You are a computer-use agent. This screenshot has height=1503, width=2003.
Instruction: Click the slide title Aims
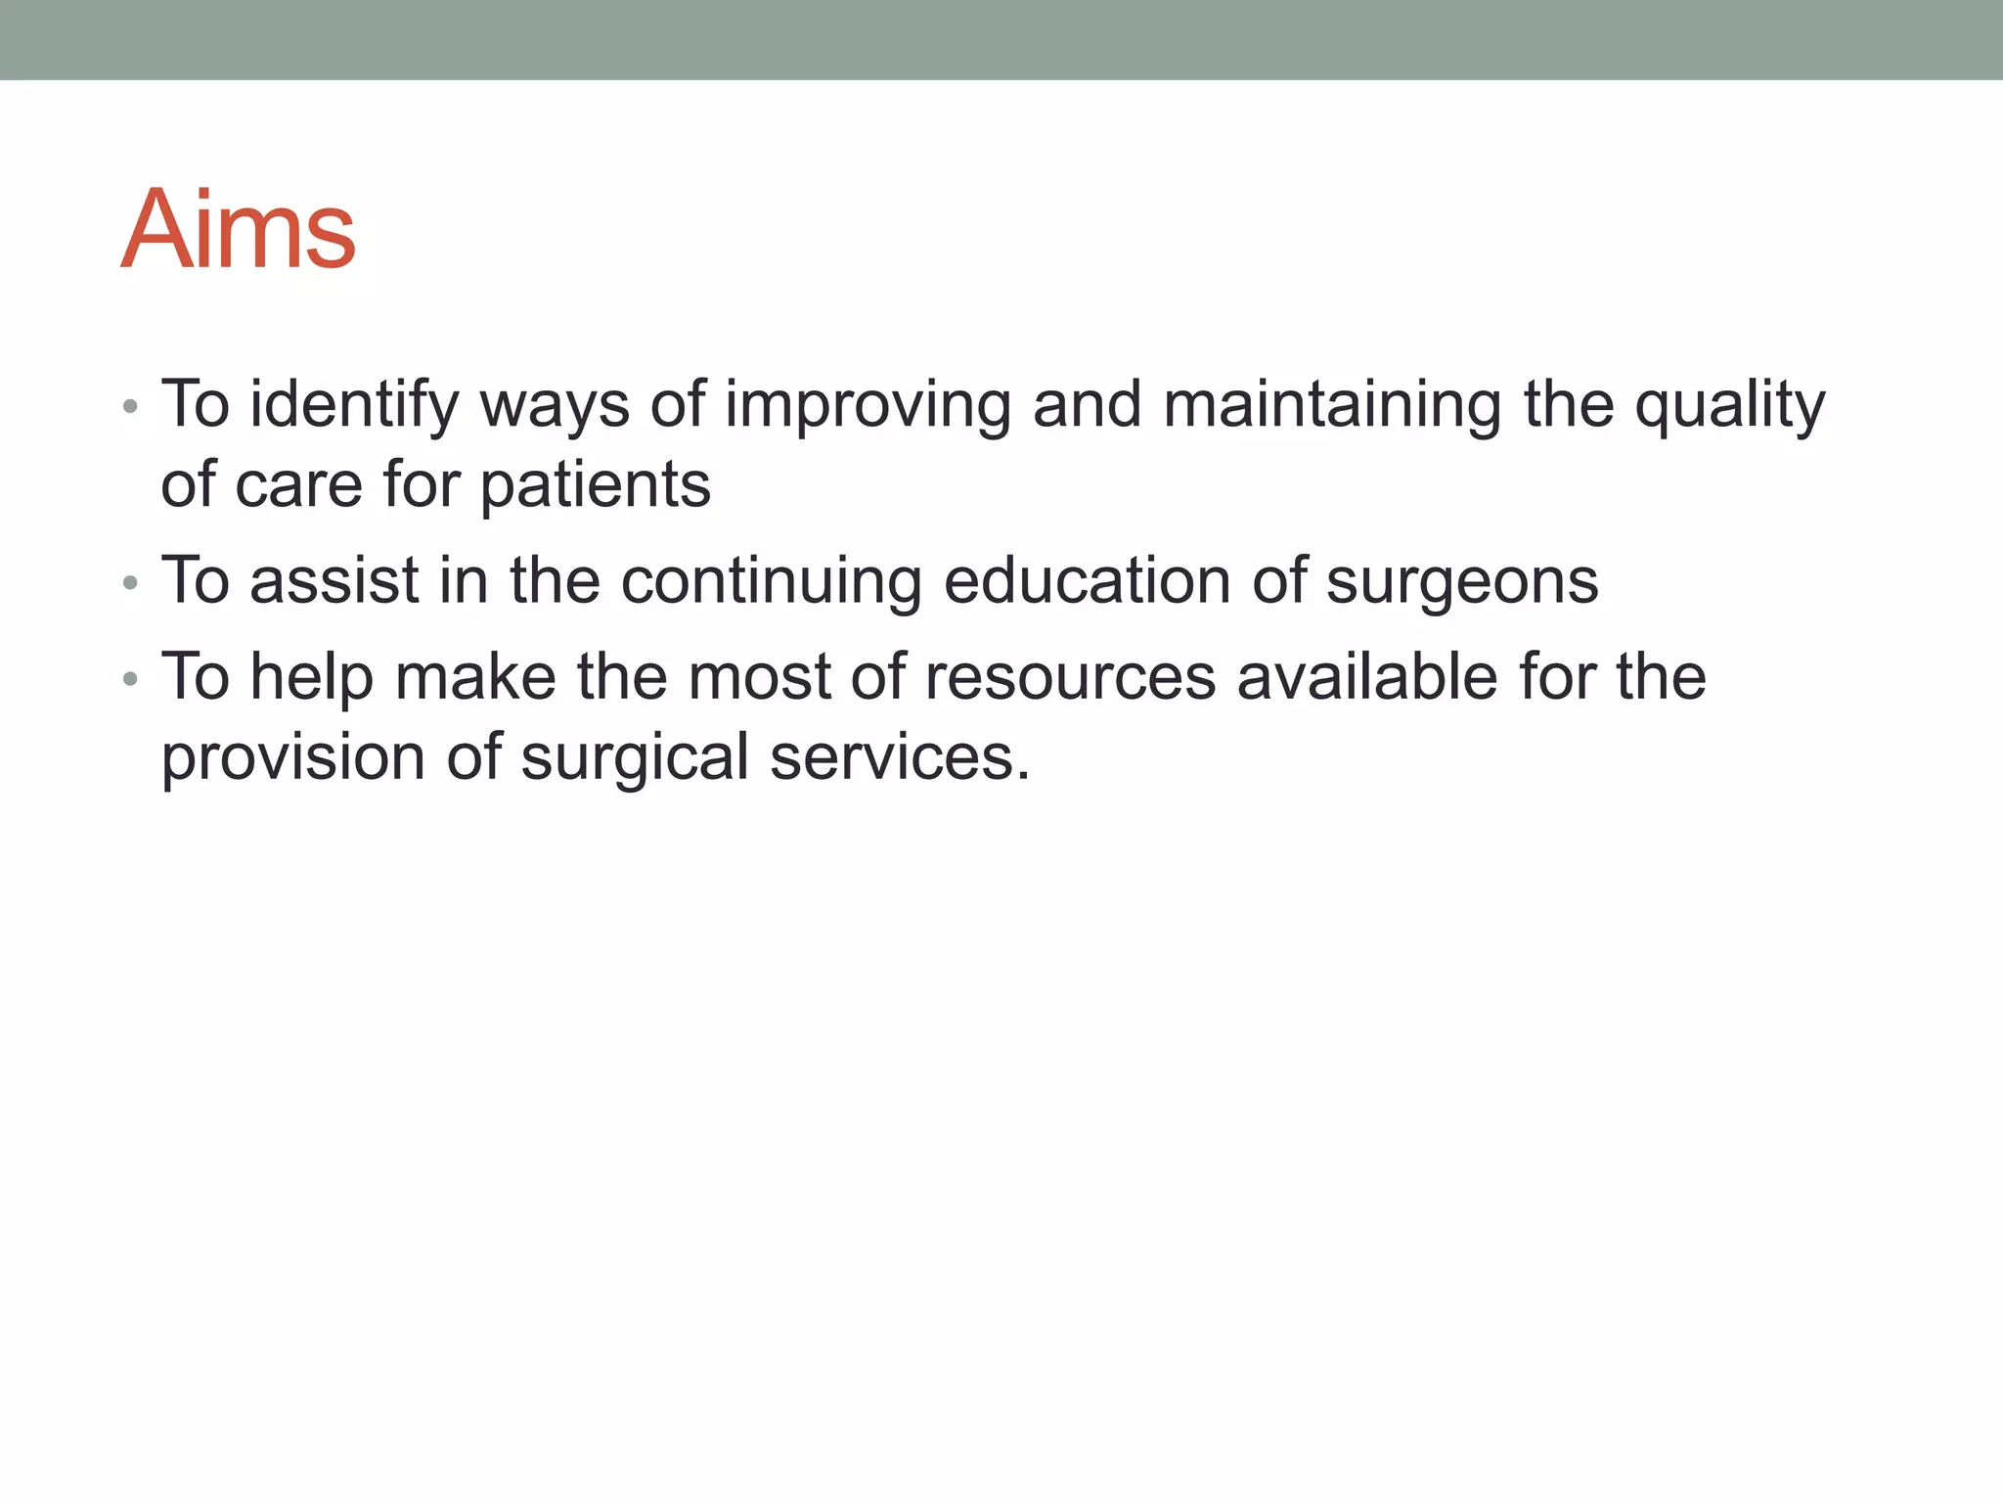[x=238, y=230]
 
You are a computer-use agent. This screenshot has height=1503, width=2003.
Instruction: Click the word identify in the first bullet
[x=354, y=404]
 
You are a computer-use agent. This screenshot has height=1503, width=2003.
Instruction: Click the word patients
[x=596, y=484]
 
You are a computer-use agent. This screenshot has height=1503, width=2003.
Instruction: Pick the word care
[x=298, y=484]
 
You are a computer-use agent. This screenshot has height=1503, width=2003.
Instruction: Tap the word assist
[x=334, y=580]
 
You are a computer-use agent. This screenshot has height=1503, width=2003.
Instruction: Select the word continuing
[x=772, y=580]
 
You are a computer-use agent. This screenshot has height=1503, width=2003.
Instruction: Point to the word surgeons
[x=1462, y=580]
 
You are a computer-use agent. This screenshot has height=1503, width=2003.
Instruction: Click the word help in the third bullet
[x=311, y=676]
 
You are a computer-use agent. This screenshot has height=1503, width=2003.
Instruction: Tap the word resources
[x=1070, y=676]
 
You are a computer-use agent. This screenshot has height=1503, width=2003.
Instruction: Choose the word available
[x=1367, y=676]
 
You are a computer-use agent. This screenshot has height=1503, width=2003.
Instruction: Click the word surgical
[x=635, y=756]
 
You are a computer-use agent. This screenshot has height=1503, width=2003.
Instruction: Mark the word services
[x=900, y=756]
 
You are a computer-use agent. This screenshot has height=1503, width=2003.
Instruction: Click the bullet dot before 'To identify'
[x=130, y=406]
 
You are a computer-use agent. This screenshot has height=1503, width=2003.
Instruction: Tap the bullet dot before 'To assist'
[x=130, y=583]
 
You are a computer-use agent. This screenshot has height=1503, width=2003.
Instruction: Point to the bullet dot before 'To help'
[x=130, y=679]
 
